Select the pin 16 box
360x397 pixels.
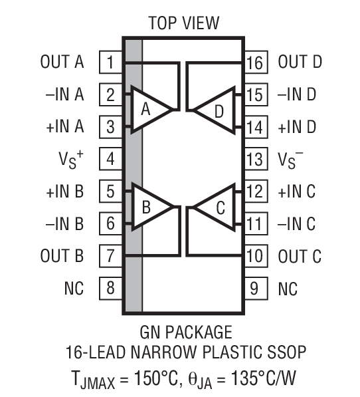point(254,63)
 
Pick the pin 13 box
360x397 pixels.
point(254,160)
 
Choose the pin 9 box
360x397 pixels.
point(254,289)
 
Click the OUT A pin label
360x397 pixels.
point(62,63)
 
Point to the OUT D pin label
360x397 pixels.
point(300,63)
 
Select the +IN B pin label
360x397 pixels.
point(64,192)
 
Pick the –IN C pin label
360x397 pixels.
point(296,224)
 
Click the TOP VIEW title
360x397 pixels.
point(183,23)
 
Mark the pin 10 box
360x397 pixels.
point(254,256)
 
